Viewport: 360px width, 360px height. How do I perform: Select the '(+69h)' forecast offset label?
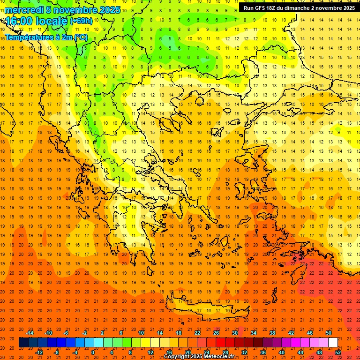coord(81,22)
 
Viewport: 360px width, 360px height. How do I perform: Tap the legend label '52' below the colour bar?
coord(337,352)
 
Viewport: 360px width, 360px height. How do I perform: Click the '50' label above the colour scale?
coord(328,333)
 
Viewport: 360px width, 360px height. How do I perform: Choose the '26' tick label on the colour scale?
coord(216,333)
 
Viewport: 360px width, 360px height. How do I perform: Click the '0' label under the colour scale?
coord(93,352)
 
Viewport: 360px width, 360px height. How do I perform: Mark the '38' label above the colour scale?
coord(272,333)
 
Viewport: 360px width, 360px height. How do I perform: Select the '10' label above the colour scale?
coord(141,333)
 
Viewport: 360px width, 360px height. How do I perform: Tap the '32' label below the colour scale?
coord(244,352)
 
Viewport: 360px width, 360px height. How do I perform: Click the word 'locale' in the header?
coord(48,22)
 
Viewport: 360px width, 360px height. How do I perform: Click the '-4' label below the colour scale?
coord(75,352)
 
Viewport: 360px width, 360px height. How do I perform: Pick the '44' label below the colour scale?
coord(300,352)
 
